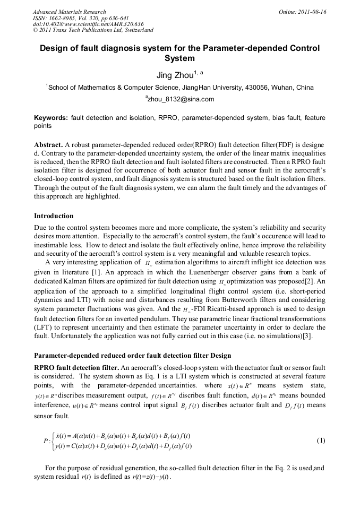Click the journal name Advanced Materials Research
pos(69,12)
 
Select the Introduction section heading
pos(54,216)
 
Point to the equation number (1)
pos(321,441)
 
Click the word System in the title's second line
pos(180,58)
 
